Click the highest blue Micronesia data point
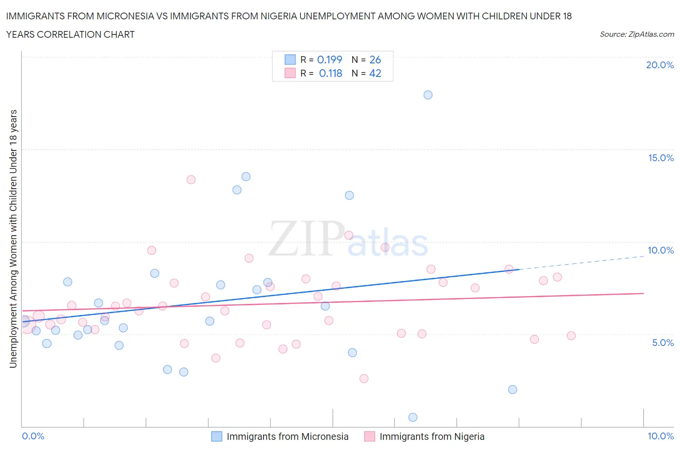coord(428,95)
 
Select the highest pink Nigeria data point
coord(191,180)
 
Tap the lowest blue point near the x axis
coord(413,417)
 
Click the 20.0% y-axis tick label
coord(660,65)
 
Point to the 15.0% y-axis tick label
coord(661,158)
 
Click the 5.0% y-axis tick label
coord(663,343)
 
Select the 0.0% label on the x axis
coord(33,436)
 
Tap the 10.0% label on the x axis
coord(660,436)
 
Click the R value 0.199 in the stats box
coord(329,60)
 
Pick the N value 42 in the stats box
coord(375,73)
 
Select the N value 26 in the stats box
coord(375,60)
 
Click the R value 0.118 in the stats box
coord(330,73)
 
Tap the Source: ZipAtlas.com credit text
coord(636,34)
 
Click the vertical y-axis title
coord(14,238)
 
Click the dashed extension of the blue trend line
coord(580,262)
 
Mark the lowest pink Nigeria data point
coord(364,378)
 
